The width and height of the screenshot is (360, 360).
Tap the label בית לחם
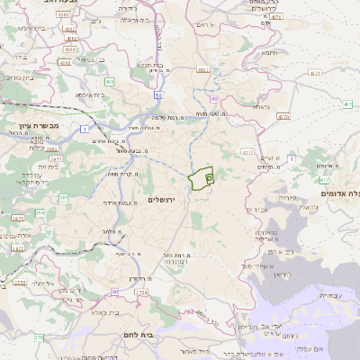[136, 335]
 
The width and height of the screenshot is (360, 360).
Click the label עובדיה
[332, 294]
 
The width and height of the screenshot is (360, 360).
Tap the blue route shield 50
[157, 94]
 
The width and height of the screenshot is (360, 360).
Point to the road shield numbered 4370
[283, 116]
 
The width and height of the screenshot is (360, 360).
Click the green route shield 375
[38, 337]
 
